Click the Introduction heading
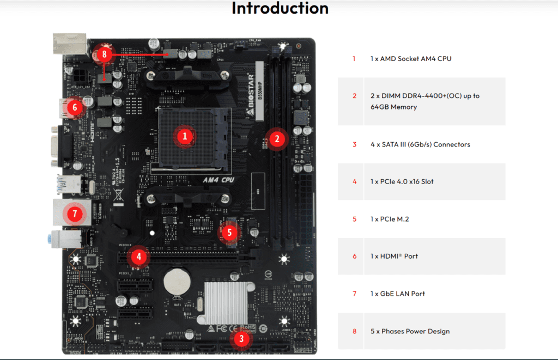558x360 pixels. tap(280, 8)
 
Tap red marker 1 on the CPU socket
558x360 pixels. tap(185, 136)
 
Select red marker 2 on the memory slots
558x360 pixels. tap(277, 138)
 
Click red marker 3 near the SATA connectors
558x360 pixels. tap(241, 339)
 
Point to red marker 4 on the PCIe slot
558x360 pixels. tap(139, 256)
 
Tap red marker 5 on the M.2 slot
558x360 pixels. tap(229, 233)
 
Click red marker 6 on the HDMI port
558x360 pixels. tap(75, 107)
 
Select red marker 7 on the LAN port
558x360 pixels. tap(75, 213)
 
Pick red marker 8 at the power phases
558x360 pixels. tap(104, 54)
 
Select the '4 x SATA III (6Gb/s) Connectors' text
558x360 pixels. tap(420, 144)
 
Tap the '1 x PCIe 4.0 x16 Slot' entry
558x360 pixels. tap(402, 181)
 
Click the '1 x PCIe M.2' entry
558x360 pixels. tap(390, 219)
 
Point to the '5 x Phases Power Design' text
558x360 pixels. tap(410, 331)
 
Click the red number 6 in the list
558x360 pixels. tap(354, 256)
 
